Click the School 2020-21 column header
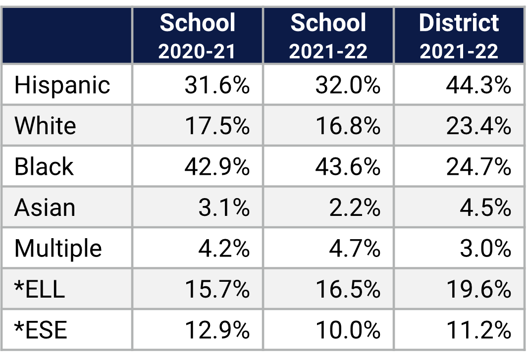(x=197, y=36)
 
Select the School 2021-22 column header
(x=328, y=36)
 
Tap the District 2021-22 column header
(x=459, y=36)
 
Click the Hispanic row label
(x=62, y=85)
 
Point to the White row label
(x=45, y=126)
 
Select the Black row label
(x=44, y=166)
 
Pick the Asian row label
(x=45, y=207)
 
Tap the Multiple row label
(x=58, y=249)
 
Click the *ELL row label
(x=40, y=289)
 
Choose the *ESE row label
(x=41, y=330)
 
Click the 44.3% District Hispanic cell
(x=478, y=85)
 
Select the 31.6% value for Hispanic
(x=217, y=85)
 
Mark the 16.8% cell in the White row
(x=348, y=126)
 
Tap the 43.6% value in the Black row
(x=348, y=166)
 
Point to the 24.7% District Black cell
(x=478, y=166)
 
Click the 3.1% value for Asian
(x=224, y=207)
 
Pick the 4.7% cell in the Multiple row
(x=355, y=249)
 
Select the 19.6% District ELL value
(x=478, y=289)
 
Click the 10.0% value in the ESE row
(x=348, y=330)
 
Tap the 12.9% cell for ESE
(x=217, y=330)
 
